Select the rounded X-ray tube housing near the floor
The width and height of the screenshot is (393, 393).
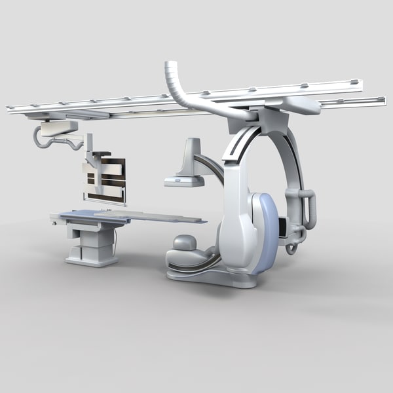184,245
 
